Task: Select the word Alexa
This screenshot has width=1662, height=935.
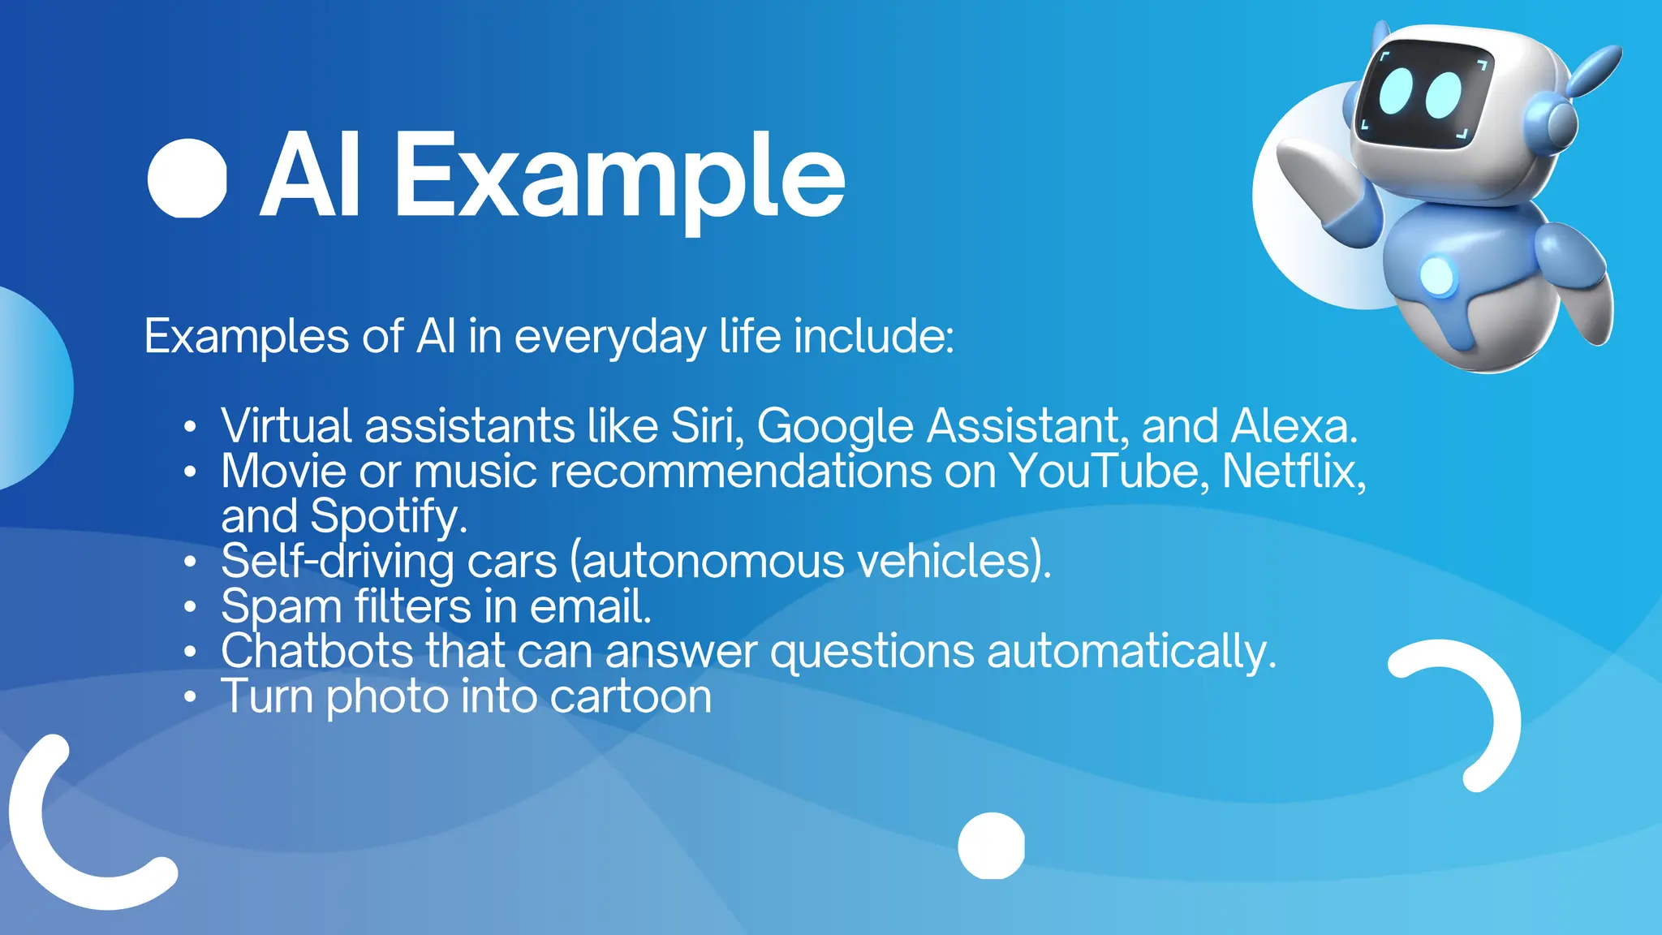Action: pyautogui.click(x=1293, y=425)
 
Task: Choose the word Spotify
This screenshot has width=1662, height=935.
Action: pyautogui.click(x=389, y=516)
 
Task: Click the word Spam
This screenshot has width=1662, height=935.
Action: pyautogui.click(x=281, y=607)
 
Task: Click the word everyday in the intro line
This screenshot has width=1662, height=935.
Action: pyautogui.click(x=610, y=336)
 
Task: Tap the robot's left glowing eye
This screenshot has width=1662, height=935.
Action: pyautogui.click(x=1397, y=90)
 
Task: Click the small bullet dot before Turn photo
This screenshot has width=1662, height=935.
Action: pyautogui.click(x=190, y=696)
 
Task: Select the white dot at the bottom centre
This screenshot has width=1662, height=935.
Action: pyautogui.click(x=991, y=846)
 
